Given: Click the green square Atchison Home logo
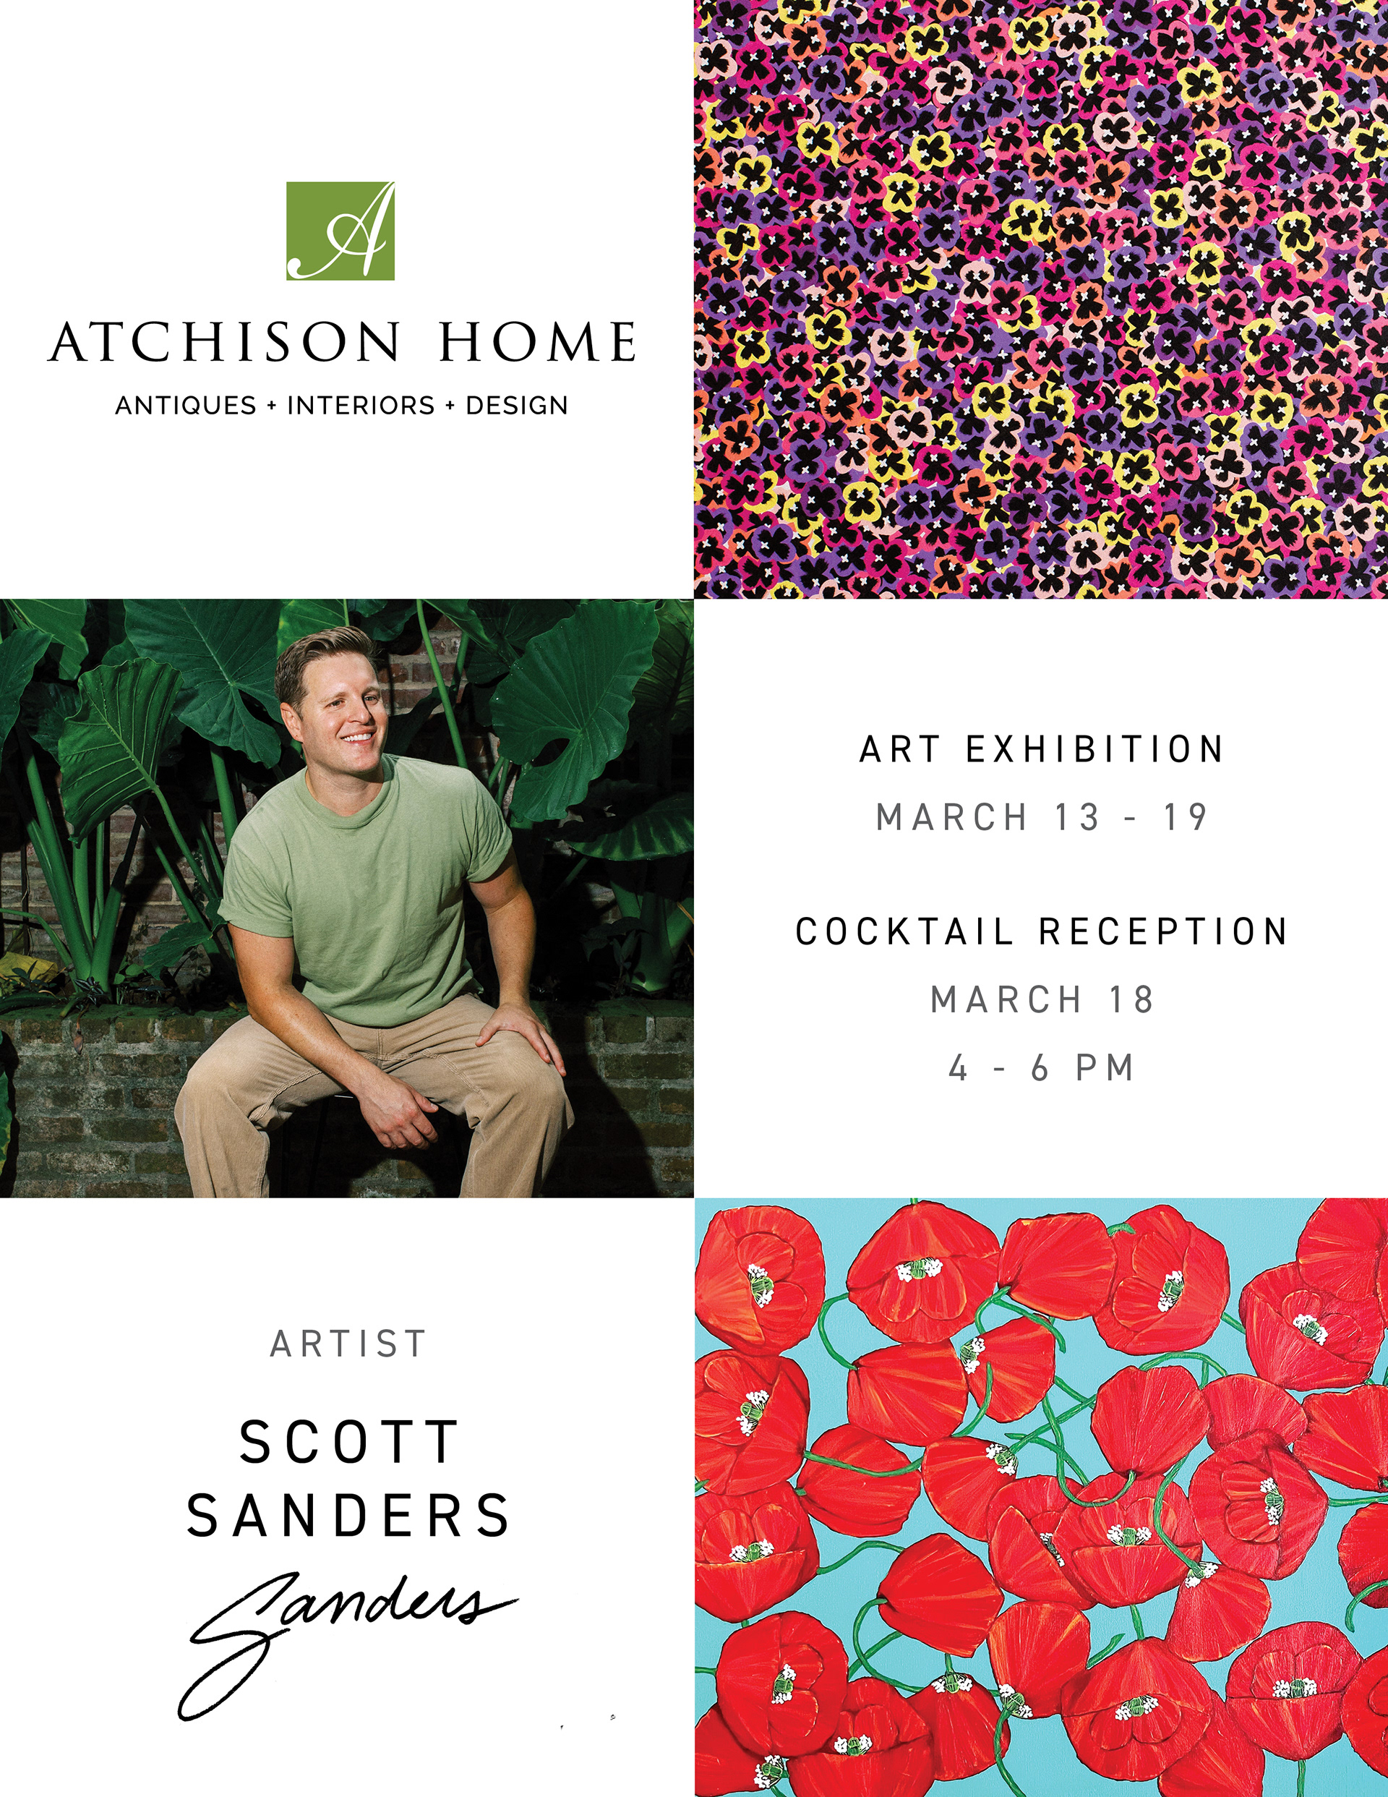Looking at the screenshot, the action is (340, 231).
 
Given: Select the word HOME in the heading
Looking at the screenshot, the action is (537, 342).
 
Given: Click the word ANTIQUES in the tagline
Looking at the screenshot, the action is (186, 406).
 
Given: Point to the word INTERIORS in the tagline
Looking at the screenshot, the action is (360, 406).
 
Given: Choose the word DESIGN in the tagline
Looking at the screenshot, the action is (517, 406).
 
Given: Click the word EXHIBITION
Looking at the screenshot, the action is (1094, 750).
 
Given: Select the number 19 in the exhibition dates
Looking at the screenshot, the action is (1185, 818).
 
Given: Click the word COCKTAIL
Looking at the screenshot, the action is (904, 932).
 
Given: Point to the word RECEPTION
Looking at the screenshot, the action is (1163, 932).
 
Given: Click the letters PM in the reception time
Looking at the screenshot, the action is (1105, 1069).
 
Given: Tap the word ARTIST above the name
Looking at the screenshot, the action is (348, 1344).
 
